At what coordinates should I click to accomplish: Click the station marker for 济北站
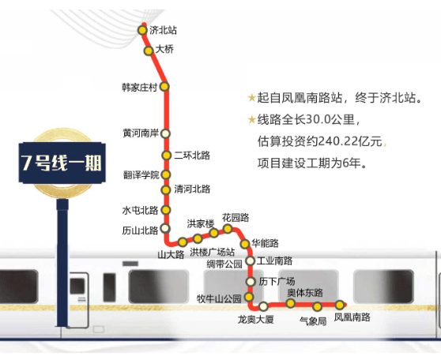tap(142, 30)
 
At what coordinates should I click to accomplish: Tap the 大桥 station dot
tap(149, 51)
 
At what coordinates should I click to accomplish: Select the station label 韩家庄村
tap(140, 88)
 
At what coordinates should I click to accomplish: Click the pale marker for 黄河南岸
tap(166, 133)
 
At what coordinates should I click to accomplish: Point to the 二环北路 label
tap(192, 156)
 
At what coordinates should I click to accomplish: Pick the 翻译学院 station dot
tap(166, 174)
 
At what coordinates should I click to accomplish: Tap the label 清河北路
tap(192, 189)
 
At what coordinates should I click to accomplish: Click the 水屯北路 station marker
tap(166, 210)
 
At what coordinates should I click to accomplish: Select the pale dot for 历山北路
tap(165, 228)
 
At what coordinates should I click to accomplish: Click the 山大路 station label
tap(171, 255)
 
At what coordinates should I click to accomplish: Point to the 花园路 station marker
tap(228, 229)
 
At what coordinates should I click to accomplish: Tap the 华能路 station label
tap(266, 243)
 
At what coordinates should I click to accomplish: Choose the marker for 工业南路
tap(251, 261)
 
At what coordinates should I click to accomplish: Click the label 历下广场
tap(277, 281)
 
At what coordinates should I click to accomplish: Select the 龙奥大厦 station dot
tap(263, 306)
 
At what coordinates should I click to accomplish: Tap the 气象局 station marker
tap(317, 306)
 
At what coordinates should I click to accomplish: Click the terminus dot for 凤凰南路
tap(340, 305)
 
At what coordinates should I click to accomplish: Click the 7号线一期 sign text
tap(62, 163)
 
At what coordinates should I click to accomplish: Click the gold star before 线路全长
tap(252, 120)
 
